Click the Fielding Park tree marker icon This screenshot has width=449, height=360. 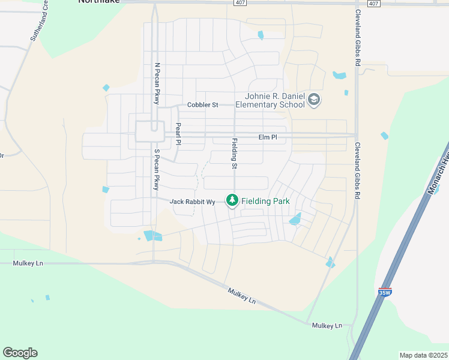pyautogui.click(x=232, y=201)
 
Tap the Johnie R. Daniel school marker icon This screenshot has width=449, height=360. pyautogui.click(x=314, y=100)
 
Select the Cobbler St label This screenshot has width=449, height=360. pyautogui.click(x=202, y=104)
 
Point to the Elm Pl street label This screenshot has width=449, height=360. pyautogui.click(x=268, y=137)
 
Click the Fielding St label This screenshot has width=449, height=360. pyautogui.click(x=235, y=153)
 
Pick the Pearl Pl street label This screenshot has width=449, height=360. pyautogui.click(x=178, y=134)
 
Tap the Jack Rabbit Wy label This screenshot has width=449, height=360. pyautogui.click(x=192, y=202)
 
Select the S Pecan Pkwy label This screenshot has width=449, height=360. pyautogui.click(x=157, y=170)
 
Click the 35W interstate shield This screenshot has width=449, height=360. pyautogui.click(x=385, y=292)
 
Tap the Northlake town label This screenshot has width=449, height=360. pyautogui.click(x=99, y=2)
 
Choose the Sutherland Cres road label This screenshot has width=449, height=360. pyautogui.click(x=38, y=24)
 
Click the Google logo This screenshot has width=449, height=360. pyautogui.click(x=20, y=353)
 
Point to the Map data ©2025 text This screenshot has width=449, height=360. pyautogui.click(x=423, y=355)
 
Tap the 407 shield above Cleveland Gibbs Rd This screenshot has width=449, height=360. pyautogui.click(x=373, y=4)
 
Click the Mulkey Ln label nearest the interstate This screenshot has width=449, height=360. pyautogui.click(x=327, y=325)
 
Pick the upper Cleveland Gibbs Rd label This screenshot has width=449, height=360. pyautogui.click(x=358, y=37)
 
